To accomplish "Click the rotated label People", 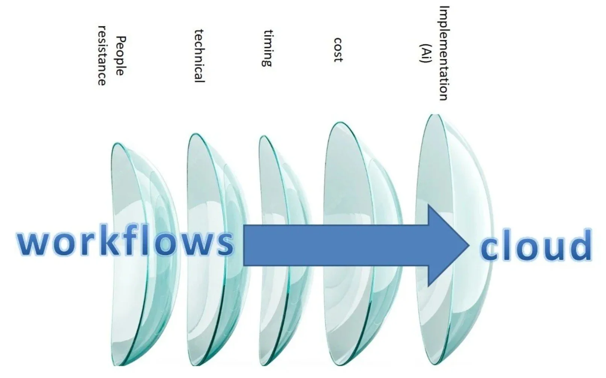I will point(120,56).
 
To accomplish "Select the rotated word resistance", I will point(102,56).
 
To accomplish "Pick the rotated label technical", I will point(199,56).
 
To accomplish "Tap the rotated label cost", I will point(338,50).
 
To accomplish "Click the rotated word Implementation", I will point(444,53).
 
